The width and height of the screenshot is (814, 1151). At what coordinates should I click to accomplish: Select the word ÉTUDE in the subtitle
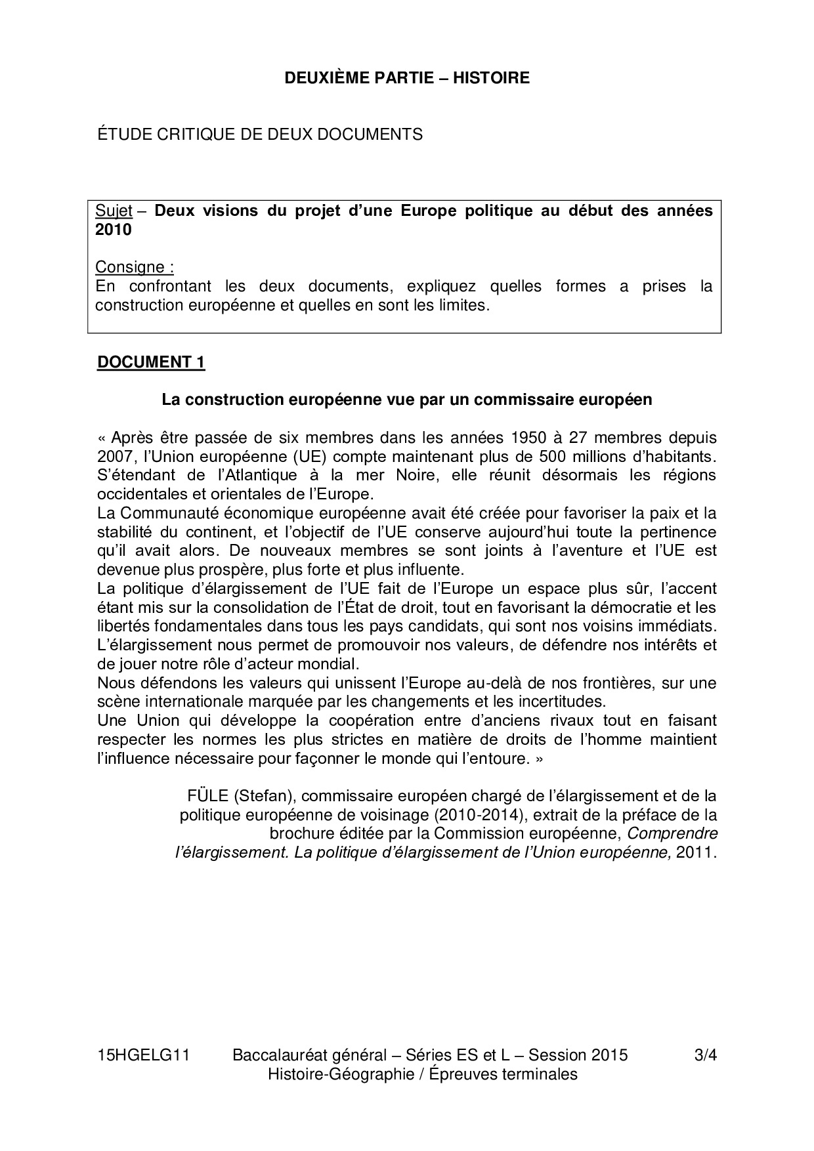click(120, 135)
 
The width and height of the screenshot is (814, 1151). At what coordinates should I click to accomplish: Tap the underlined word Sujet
click(114, 211)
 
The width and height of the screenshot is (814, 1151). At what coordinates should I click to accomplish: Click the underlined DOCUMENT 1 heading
click(151, 362)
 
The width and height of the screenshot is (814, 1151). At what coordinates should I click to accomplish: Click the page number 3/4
click(704, 1055)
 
